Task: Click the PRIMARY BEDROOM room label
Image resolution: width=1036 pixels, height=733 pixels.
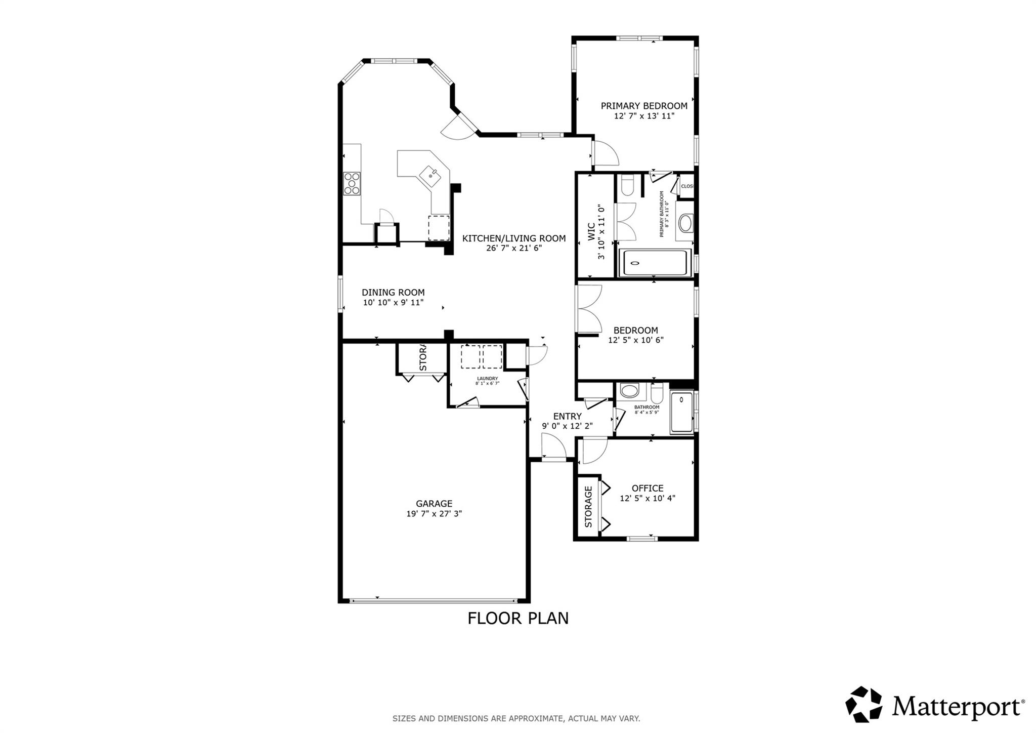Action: (x=643, y=106)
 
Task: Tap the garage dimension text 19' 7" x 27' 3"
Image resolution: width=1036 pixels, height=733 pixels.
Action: (x=434, y=513)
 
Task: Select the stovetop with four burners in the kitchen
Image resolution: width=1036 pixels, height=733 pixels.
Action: (x=352, y=183)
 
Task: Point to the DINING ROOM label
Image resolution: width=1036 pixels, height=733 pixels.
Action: (x=393, y=293)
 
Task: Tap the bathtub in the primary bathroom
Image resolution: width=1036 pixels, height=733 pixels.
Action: (x=654, y=263)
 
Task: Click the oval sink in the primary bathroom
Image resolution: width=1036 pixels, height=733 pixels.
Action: (x=685, y=223)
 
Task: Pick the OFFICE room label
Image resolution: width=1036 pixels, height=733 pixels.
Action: (x=647, y=488)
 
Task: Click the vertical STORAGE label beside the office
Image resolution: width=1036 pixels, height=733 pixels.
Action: (x=588, y=507)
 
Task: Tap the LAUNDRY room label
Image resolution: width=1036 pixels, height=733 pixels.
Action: (x=487, y=378)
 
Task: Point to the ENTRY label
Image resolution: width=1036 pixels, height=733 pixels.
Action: (x=567, y=416)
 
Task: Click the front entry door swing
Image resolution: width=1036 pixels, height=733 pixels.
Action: (x=554, y=447)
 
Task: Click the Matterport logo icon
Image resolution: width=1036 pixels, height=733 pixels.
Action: (x=864, y=704)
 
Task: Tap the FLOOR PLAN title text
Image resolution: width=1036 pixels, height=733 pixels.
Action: (x=518, y=618)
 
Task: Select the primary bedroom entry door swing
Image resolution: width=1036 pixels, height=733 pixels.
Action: (x=606, y=154)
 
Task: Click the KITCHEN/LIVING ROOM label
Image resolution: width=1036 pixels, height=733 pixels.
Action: (x=514, y=238)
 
